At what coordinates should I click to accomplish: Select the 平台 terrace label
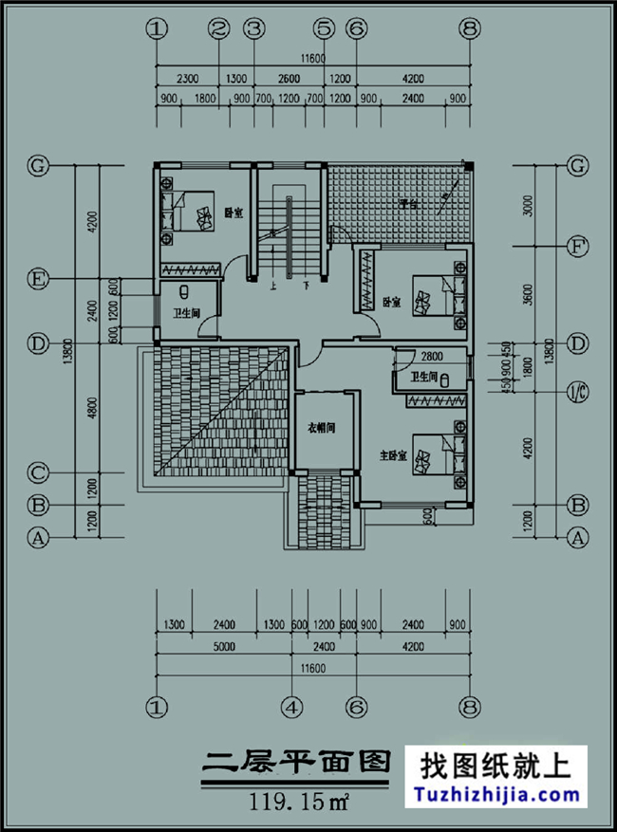[x=409, y=203]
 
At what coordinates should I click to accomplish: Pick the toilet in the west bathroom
[x=186, y=294]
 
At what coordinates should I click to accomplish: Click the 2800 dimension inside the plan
[x=432, y=356]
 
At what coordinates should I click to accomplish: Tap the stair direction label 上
[x=273, y=285]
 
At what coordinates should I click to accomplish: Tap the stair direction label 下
[x=306, y=285]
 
